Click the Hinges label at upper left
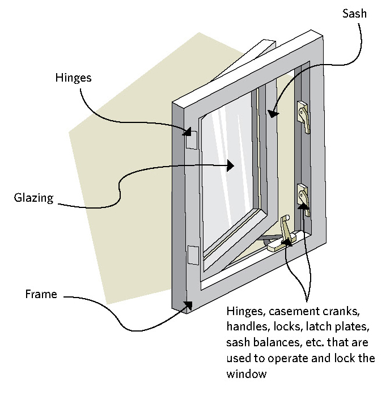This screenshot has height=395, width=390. pos(74,78)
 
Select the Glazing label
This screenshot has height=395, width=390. pos(34,198)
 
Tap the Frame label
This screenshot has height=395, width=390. pos(41,294)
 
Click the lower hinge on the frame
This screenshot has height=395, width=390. pos(192,256)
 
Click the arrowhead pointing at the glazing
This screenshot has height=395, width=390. pos(230,165)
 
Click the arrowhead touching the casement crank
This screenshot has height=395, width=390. pos(288,243)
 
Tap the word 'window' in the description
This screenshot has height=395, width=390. pos(244,374)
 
